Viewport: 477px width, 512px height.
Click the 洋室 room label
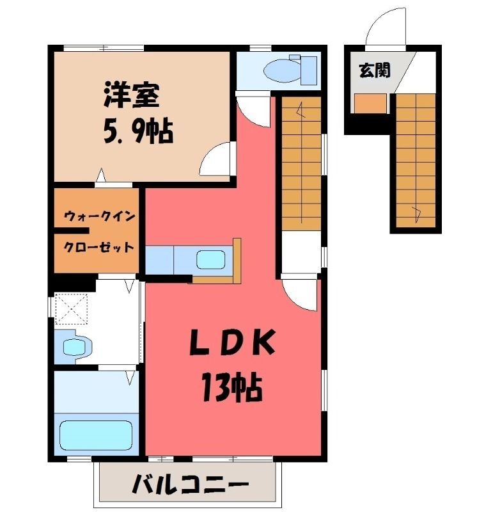132,95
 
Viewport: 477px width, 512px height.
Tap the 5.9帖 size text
138,131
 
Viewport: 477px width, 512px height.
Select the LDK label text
232,342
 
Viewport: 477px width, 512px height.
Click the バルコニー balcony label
190,484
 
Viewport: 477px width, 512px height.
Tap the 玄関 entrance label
375,70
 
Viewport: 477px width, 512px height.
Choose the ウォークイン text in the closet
100,216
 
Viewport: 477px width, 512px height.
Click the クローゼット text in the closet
98,247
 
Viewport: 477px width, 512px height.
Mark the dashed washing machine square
71,308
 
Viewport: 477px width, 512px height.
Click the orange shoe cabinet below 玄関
370,103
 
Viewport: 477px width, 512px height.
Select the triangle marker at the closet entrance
101,175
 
